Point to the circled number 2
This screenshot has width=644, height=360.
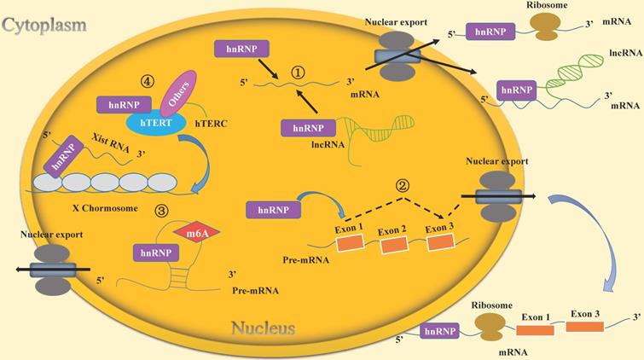[x=404, y=185]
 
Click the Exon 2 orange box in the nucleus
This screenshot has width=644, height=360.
[x=394, y=246]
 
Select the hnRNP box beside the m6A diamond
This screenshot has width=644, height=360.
[x=155, y=252]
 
